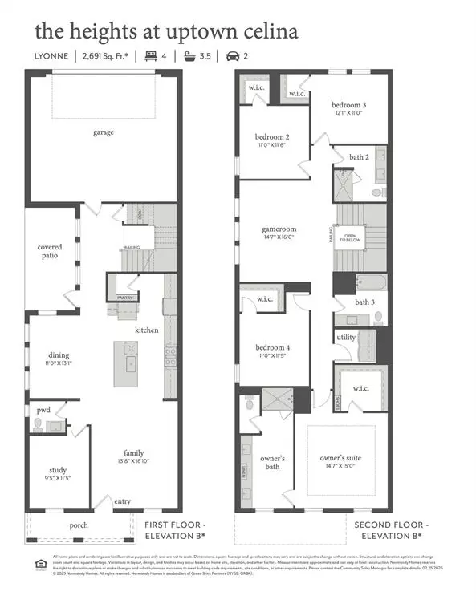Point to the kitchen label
146,330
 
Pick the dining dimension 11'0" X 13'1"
59,363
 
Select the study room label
57,470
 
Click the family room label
133,452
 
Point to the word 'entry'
122,501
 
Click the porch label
78,525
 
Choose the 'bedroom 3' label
349,105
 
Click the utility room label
346,338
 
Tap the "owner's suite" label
340,458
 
